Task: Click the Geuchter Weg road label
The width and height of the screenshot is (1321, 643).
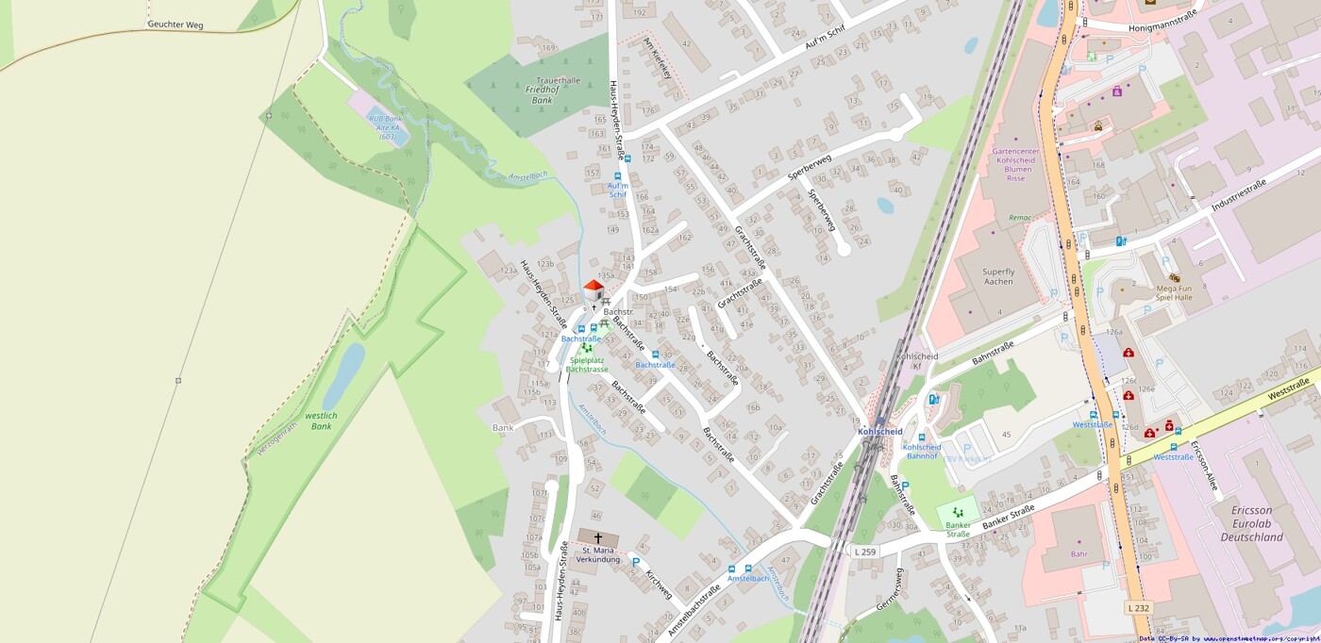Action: (x=176, y=25)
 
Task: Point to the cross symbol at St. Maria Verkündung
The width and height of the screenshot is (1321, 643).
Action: (x=597, y=538)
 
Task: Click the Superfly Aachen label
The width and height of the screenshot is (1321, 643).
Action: (x=998, y=276)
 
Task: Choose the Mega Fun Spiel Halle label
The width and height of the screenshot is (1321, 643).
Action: (x=1168, y=292)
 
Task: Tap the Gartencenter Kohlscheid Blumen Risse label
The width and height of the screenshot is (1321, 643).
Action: (x=1015, y=164)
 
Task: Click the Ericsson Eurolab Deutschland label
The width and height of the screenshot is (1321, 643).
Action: (x=1252, y=523)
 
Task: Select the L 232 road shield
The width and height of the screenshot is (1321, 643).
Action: (x=1139, y=608)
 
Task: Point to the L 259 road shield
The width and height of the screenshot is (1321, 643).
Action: (x=864, y=551)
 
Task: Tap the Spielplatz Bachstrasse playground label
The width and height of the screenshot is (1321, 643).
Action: (x=587, y=365)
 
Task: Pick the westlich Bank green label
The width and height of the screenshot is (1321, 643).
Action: (x=321, y=420)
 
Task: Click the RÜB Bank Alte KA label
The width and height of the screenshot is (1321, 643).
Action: (x=386, y=127)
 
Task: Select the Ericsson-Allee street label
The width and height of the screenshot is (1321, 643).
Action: (x=1205, y=467)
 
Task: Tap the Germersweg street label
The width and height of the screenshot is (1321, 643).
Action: (x=890, y=588)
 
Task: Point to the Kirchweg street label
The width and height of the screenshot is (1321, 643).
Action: (x=659, y=583)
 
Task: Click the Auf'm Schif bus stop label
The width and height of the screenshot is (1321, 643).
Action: (x=618, y=190)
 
